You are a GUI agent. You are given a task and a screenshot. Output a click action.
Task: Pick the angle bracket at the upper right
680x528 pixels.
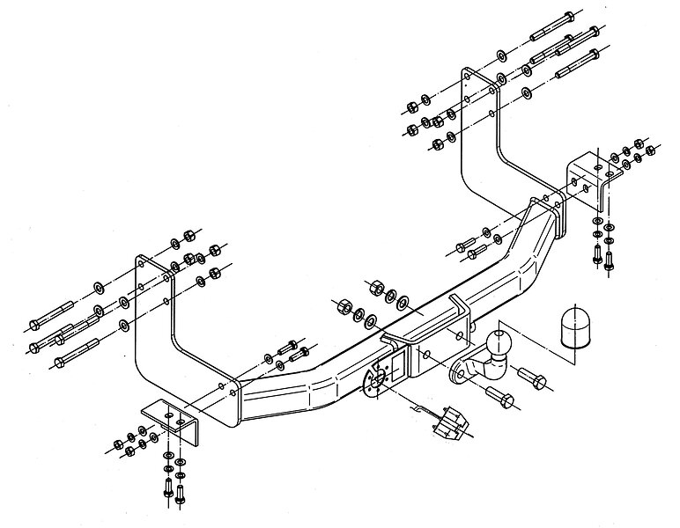click(x=588, y=177)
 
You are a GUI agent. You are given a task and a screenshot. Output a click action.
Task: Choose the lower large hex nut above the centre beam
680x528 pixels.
click(x=341, y=306)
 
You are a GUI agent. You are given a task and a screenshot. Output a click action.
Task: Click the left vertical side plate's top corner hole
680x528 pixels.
click(x=142, y=264)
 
